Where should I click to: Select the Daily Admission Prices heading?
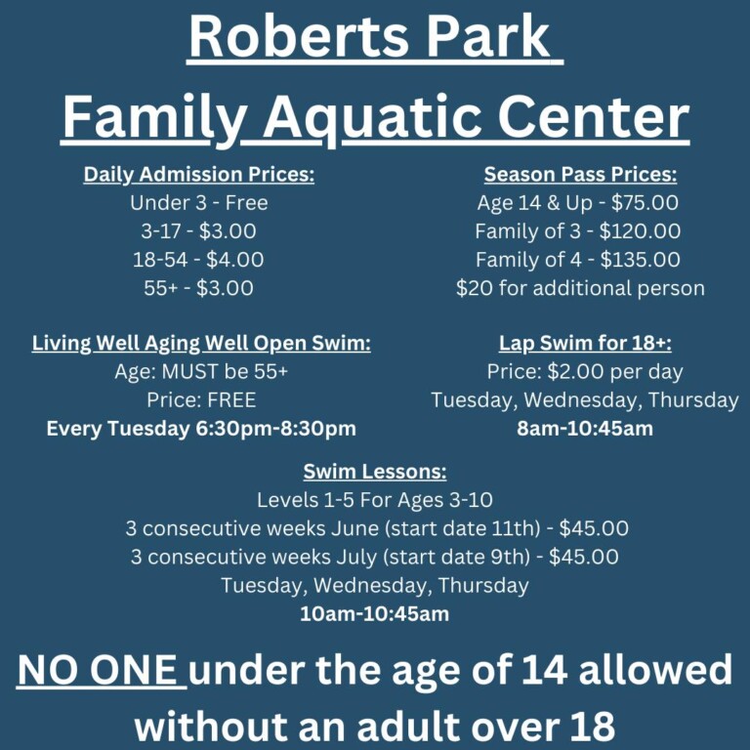coord(198,175)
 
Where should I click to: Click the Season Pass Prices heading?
coord(580,175)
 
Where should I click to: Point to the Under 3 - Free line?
coord(198,203)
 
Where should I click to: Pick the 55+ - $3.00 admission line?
coord(198,288)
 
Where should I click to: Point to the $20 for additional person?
coord(580,288)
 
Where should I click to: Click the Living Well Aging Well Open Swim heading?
coord(201,344)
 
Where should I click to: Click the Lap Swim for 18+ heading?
coord(585,344)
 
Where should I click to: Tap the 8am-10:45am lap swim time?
coord(585,429)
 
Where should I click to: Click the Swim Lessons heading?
coord(375,472)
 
